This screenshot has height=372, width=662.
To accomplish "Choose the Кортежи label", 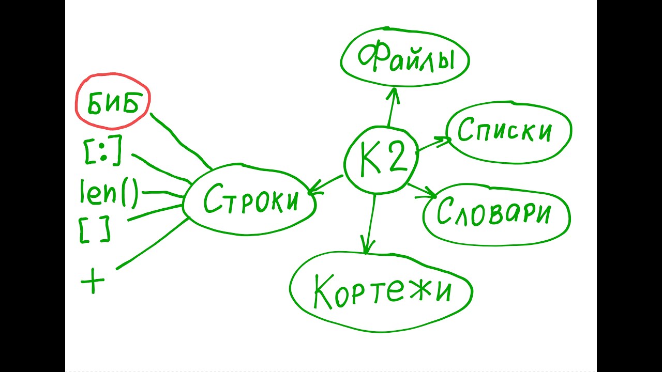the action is tap(382, 292).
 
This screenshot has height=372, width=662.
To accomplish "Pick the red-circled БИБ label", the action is tap(113, 104).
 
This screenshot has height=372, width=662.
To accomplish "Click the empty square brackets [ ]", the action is tap(94, 230).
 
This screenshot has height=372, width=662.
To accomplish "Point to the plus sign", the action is tap(93, 282).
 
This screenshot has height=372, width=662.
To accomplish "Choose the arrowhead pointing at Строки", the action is tap(313, 191).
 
